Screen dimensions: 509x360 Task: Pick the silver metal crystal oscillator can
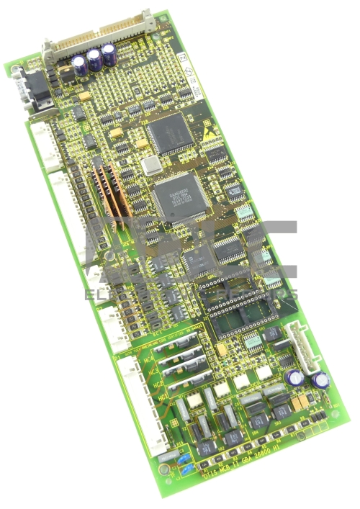click(x=150, y=166)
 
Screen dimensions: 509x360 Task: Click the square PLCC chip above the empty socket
click(x=197, y=261)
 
